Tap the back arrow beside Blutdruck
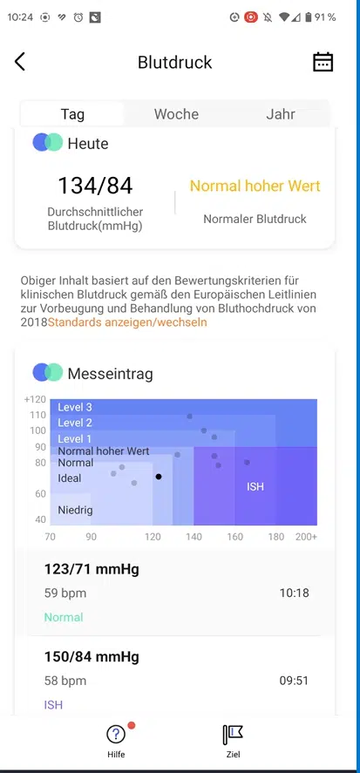pyautogui.click(x=20, y=62)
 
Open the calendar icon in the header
pyautogui.click(x=323, y=62)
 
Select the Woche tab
pyautogui.click(x=176, y=114)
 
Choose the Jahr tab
pyautogui.click(x=281, y=114)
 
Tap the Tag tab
pyautogui.click(x=72, y=114)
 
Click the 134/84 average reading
pyautogui.click(x=95, y=186)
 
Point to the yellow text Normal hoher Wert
pyautogui.click(x=255, y=186)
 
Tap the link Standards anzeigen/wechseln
pyautogui.click(x=127, y=322)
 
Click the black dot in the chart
pyautogui.click(x=159, y=477)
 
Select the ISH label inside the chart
pyautogui.click(x=255, y=486)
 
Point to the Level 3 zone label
pyautogui.click(x=75, y=407)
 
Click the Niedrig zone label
pyautogui.click(x=75, y=510)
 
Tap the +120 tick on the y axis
pyautogui.click(x=35, y=399)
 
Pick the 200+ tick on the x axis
pyautogui.click(x=306, y=537)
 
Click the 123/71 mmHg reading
pyautogui.click(x=92, y=569)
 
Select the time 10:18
pyautogui.click(x=295, y=593)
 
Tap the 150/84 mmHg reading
pyautogui.click(x=92, y=656)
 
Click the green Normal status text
pyautogui.click(x=64, y=617)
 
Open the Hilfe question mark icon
pyautogui.click(x=116, y=735)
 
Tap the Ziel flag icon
pyautogui.click(x=232, y=735)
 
